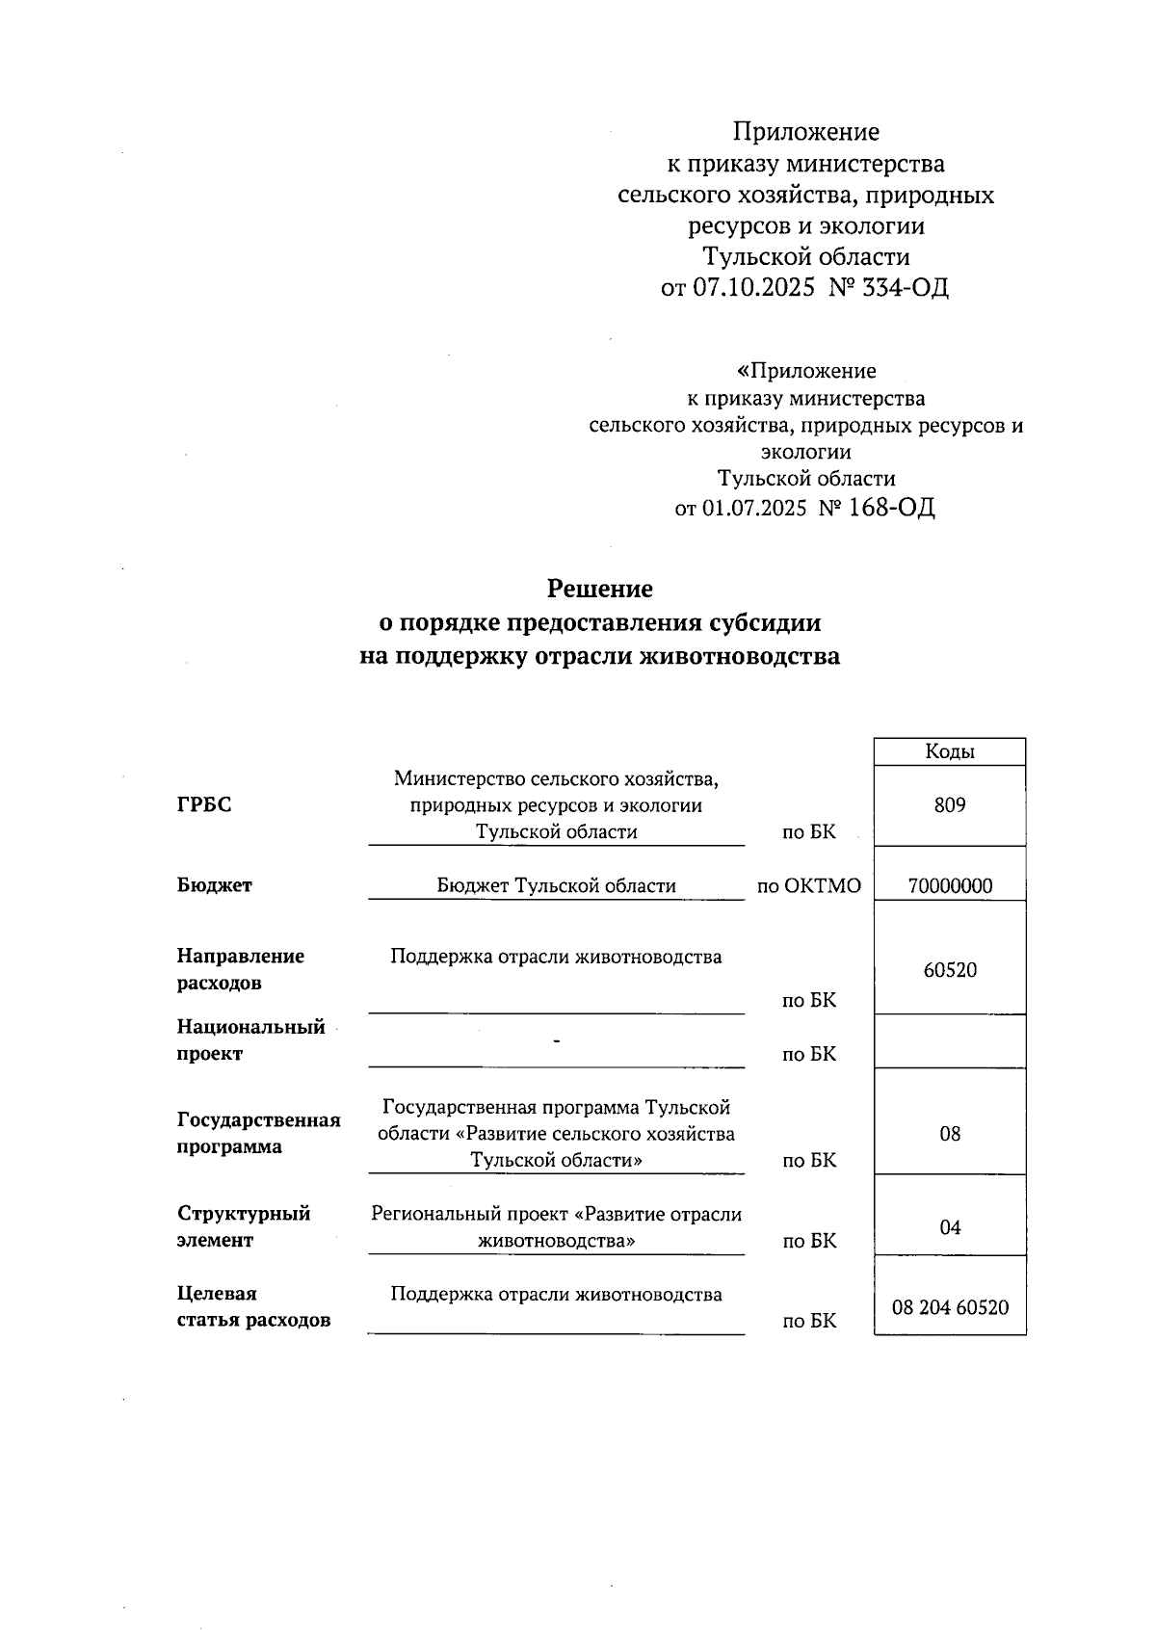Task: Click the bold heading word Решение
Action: pos(599,589)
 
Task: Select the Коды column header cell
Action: pos(949,751)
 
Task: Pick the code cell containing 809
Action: pos(949,805)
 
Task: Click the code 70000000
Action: pos(949,886)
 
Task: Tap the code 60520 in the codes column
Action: pos(949,970)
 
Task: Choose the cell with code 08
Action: pos(949,1134)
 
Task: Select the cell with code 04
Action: pos(949,1227)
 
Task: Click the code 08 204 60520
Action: pos(949,1307)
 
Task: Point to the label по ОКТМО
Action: pos(808,886)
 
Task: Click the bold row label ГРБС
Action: pos(204,805)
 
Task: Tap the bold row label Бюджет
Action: pos(214,885)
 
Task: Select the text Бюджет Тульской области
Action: pos(556,885)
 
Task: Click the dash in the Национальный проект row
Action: pos(557,1041)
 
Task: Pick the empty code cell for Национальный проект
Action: pos(949,1041)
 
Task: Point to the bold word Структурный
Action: pos(243,1214)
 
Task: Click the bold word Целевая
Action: pos(217,1294)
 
